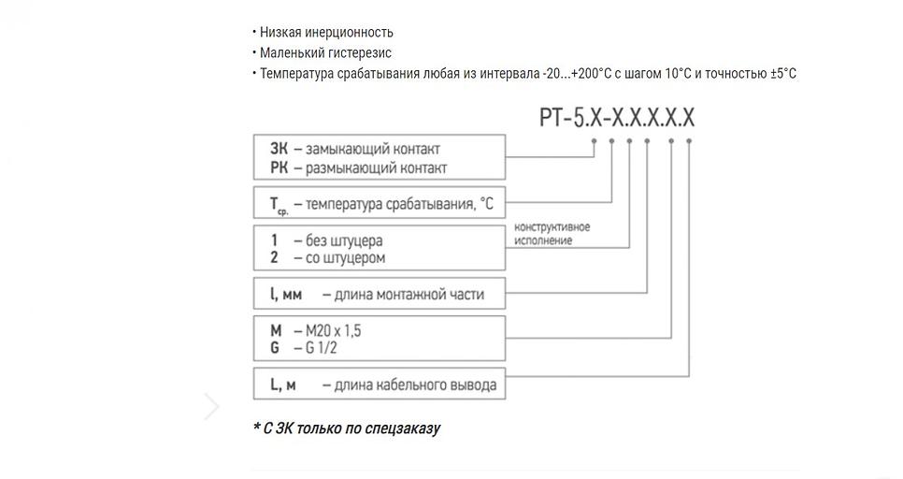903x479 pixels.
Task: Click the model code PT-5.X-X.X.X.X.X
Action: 617,118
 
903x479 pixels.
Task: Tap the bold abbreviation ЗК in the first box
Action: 279,148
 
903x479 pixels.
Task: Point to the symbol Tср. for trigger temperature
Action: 278,204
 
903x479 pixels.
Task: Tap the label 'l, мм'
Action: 285,294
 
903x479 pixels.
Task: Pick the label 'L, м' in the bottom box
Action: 283,385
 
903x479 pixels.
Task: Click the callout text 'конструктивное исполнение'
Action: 552,234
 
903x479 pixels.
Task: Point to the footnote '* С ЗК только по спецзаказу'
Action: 346,428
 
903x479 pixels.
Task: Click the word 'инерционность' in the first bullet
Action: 349,33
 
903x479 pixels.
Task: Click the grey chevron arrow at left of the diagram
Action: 212,407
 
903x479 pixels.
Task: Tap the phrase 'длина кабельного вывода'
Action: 409,385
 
